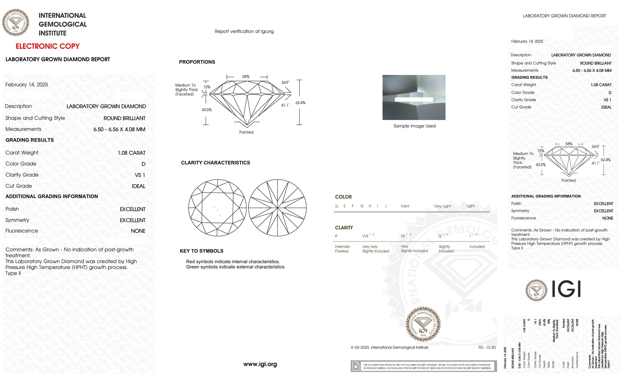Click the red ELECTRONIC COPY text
click(x=48, y=46)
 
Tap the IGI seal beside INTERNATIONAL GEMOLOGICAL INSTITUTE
click(x=16, y=23)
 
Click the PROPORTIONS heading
click(x=197, y=62)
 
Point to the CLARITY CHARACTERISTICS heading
click(x=215, y=163)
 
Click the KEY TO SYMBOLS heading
click(x=201, y=251)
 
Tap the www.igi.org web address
click(x=260, y=364)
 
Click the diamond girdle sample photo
click(x=414, y=97)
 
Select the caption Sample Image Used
click(x=414, y=126)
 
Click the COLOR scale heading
click(x=343, y=197)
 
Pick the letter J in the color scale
click(x=385, y=206)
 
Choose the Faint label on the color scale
click(x=405, y=206)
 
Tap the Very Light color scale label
click(x=442, y=206)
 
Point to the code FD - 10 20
click(x=487, y=347)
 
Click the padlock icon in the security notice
click(x=355, y=366)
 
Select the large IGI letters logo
click(x=566, y=289)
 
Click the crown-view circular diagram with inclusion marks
click(x=217, y=208)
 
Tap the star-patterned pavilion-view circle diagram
click(x=277, y=208)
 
